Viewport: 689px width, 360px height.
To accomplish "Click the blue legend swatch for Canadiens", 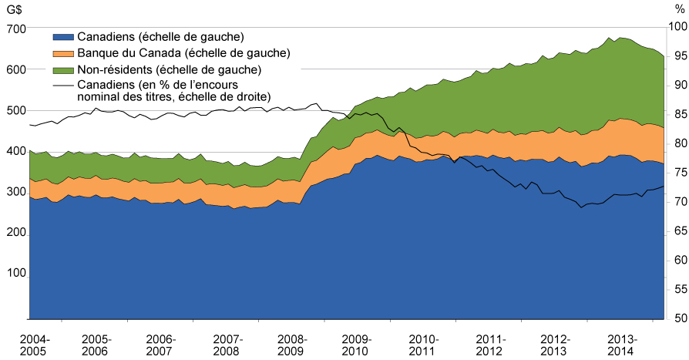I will [64, 37].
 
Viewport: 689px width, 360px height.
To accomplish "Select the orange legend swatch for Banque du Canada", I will [64, 53].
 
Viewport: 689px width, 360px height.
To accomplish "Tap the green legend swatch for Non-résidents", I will [64, 69].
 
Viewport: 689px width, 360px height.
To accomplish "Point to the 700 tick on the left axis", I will [16, 28].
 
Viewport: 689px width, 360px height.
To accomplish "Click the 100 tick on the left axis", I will [16, 273].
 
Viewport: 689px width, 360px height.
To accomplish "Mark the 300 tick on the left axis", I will [16, 191].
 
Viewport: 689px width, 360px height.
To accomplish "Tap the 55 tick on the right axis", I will [676, 289].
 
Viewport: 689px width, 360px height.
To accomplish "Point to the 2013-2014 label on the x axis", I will [621, 345].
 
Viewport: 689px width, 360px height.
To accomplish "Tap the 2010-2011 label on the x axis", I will [424, 345].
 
